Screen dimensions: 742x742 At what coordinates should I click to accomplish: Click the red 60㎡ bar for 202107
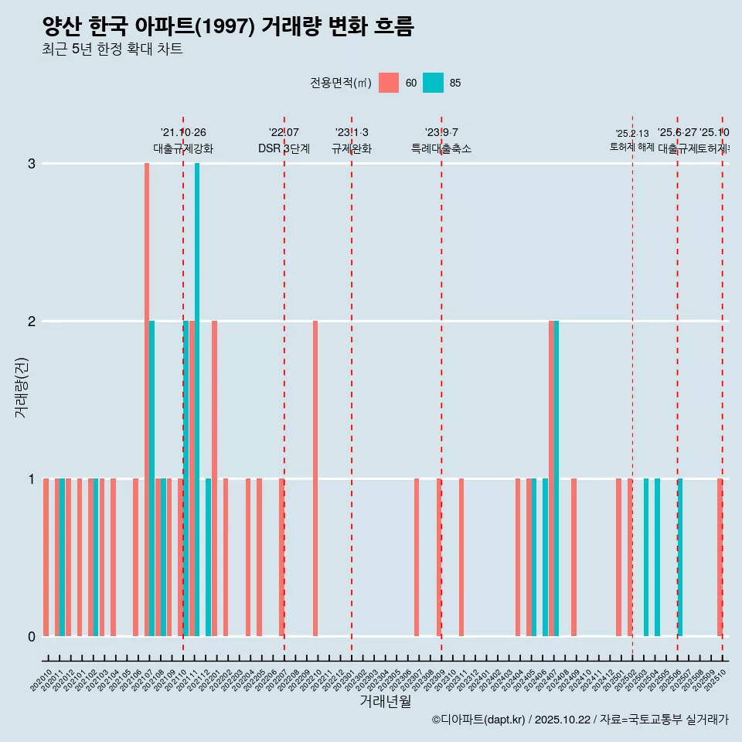click(147, 400)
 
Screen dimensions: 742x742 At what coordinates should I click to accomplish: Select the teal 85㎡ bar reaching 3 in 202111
click(197, 400)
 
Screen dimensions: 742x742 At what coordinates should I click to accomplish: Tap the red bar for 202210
click(315, 478)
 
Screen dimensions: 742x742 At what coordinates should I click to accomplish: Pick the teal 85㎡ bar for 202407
click(556, 478)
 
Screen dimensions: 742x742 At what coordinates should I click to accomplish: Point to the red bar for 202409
click(574, 557)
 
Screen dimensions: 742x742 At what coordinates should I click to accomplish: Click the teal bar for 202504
click(657, 557)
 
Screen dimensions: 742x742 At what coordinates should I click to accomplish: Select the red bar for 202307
click(417, 557)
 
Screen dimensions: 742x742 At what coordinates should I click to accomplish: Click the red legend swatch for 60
click(389, 83)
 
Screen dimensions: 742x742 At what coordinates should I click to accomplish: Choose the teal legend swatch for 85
click(434, 83)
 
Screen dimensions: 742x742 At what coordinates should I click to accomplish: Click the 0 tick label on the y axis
click(32, 637)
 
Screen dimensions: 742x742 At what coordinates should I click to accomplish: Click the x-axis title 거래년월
click(385, 701)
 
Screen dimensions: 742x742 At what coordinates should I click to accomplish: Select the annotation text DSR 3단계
click(284, 148)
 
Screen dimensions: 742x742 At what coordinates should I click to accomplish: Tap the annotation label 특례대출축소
click(441, 148)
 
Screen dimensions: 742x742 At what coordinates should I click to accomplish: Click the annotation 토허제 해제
click(632, 147)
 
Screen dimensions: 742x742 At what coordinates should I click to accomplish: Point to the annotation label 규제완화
click(352, 148)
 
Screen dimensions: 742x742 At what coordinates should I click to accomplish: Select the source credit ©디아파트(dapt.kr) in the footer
click(479, 720)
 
